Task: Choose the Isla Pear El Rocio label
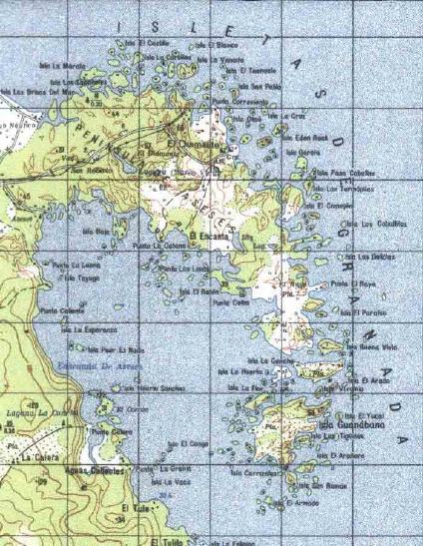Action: coord(116,349)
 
